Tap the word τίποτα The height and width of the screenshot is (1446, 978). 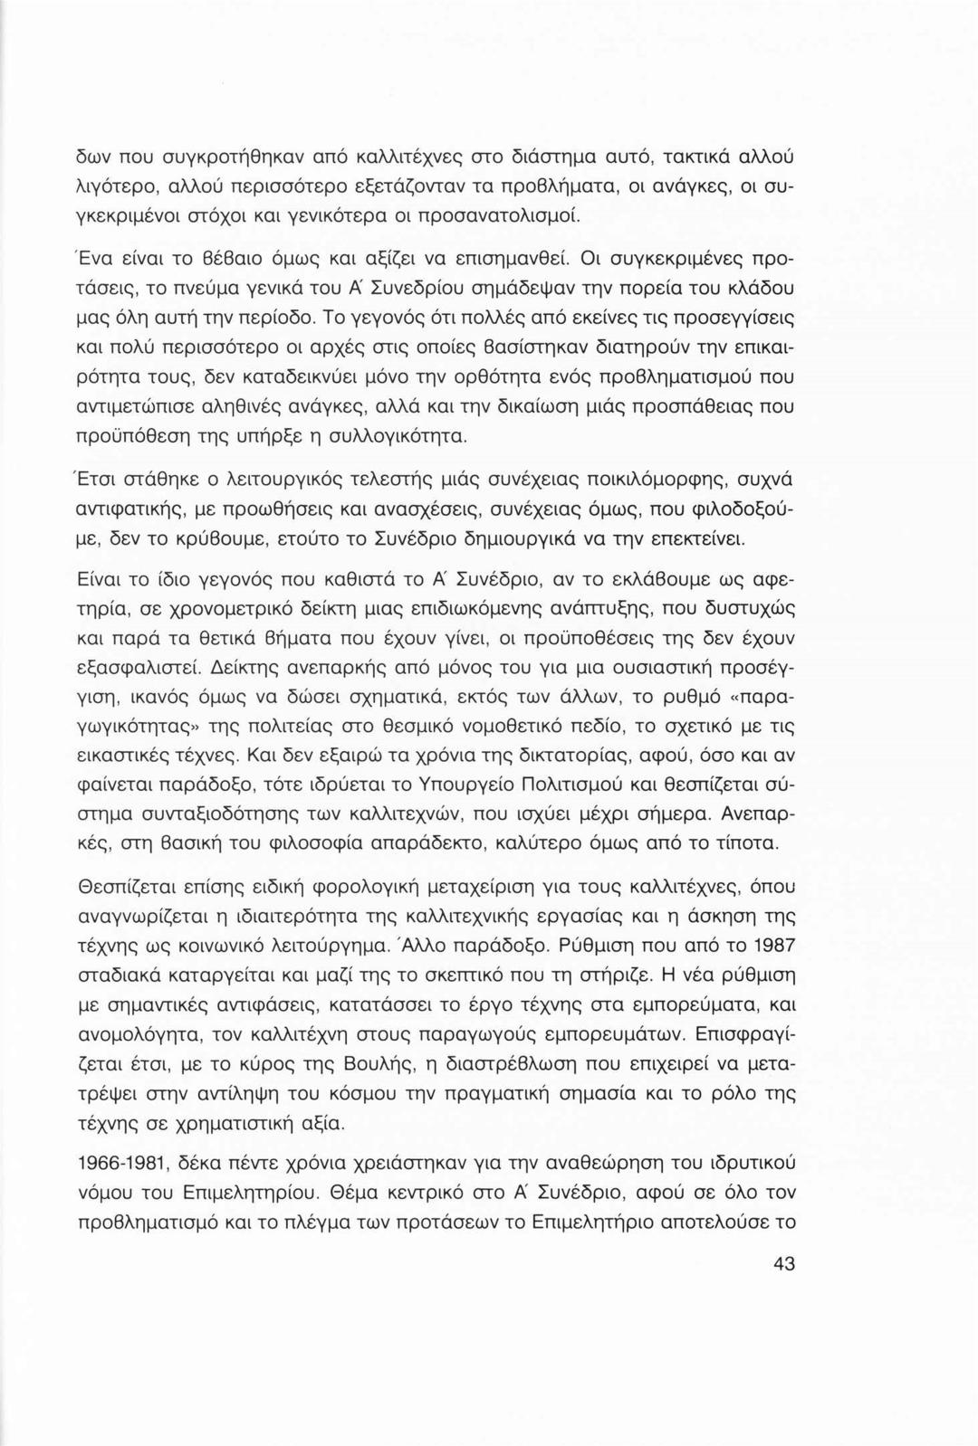pyautogui.click(x=744, y=845)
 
